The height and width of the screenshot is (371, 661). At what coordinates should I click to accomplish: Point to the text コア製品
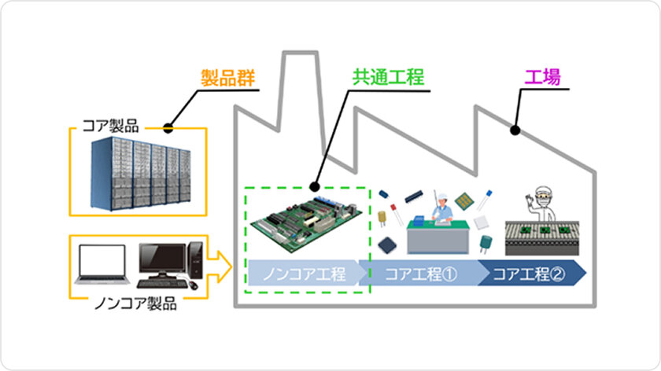[x=110, y=125]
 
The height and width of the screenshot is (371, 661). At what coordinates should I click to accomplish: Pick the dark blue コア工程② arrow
[x=531, y=274]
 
